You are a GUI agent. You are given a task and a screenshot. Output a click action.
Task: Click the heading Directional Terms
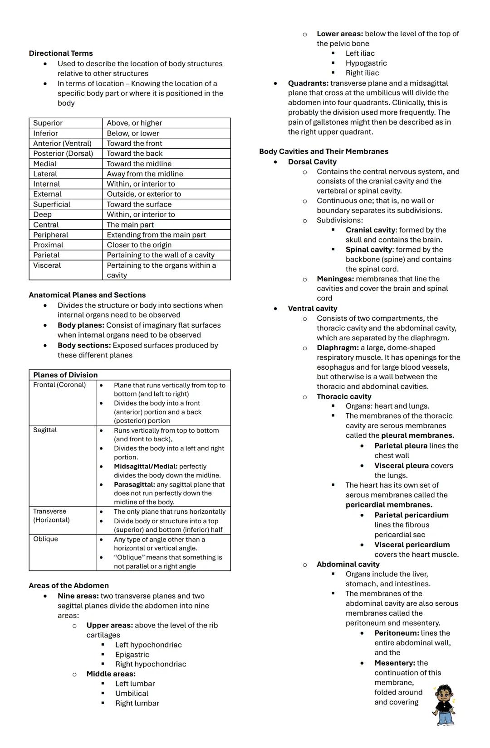60,53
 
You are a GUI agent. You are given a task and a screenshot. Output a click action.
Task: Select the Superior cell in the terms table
48,123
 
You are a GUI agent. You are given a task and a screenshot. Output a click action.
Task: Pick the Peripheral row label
50,235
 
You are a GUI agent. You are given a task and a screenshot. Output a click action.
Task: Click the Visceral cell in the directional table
47,265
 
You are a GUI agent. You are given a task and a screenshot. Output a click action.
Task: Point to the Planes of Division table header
65,375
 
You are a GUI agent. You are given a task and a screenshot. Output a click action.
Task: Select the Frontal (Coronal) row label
59,385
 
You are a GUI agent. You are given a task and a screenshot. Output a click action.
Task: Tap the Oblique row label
45,539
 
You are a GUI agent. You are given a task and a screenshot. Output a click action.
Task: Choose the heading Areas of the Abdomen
69,586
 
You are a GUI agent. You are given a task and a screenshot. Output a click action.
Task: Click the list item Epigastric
132,655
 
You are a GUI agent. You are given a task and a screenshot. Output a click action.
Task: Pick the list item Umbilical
132,694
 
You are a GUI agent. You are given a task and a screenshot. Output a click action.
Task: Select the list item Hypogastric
366,63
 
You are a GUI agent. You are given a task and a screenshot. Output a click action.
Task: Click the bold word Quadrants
308,83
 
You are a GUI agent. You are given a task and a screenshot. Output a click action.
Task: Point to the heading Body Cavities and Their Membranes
323,152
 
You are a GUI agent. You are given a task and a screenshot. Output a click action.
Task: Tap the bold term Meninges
335,279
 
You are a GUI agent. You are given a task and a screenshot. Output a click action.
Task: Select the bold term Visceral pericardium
412,545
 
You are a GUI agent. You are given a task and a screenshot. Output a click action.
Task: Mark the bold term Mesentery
394,663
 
